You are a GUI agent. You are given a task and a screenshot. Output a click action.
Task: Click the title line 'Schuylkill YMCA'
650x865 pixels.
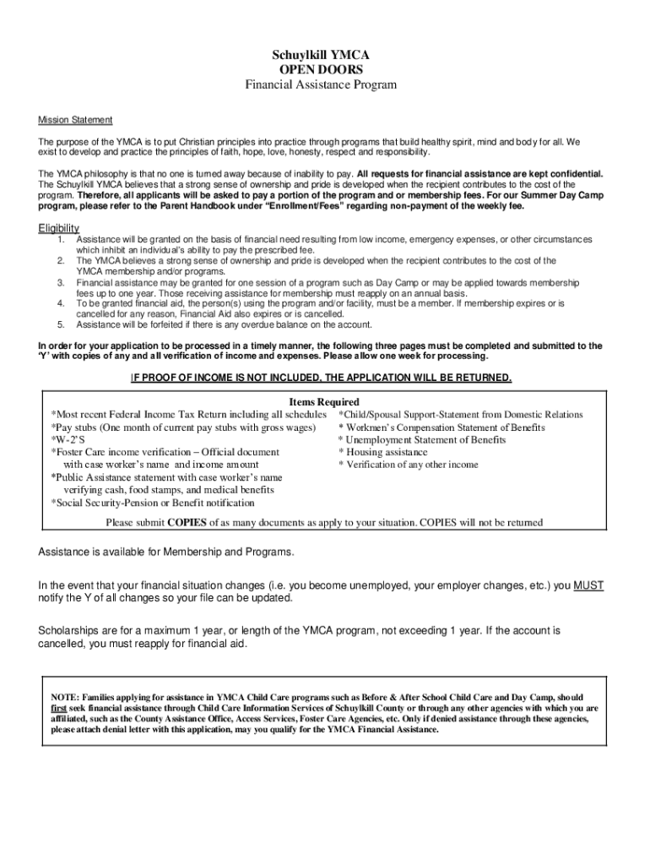point(321,55)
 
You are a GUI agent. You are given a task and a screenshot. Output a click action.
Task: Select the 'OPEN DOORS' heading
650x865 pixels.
point(321,70)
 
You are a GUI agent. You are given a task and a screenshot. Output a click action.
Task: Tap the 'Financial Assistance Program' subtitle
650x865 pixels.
point(321,85)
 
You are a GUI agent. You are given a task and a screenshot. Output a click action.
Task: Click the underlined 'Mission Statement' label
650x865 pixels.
point(75,120)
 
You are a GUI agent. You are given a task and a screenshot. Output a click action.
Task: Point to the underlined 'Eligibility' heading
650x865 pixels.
point(59,228)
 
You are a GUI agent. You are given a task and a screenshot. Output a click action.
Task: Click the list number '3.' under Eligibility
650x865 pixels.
point(61,282)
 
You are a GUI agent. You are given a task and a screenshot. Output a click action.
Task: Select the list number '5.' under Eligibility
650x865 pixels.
point(61,324)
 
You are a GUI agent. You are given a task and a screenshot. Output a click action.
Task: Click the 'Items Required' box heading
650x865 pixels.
point(324,402)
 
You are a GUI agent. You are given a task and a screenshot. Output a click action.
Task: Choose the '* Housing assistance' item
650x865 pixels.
point(382,453)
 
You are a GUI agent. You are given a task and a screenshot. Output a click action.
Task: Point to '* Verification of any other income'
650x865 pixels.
point(408,465)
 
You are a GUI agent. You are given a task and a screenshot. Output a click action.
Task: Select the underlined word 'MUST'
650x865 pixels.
point(588,585)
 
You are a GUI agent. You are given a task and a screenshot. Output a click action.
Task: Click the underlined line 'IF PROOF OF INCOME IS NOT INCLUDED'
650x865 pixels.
point(321,378)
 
